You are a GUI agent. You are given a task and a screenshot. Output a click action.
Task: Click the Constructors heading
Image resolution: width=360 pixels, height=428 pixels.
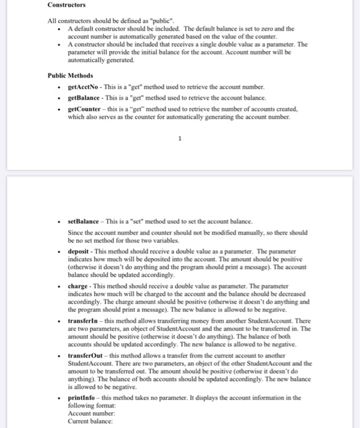(x=67, y=6)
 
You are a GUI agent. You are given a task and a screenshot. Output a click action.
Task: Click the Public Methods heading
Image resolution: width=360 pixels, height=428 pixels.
(x=70, y=75)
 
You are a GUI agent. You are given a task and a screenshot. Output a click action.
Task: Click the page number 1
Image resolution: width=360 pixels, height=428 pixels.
(x=180, y=138)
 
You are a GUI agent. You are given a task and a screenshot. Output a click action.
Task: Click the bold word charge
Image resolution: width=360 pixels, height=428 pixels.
(x=78, y=286)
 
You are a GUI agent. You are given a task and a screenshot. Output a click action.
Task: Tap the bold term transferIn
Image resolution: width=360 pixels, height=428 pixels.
(x=83, y=320)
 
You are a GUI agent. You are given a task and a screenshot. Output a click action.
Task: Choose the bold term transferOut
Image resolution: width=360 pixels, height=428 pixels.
(x=86, y=355)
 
